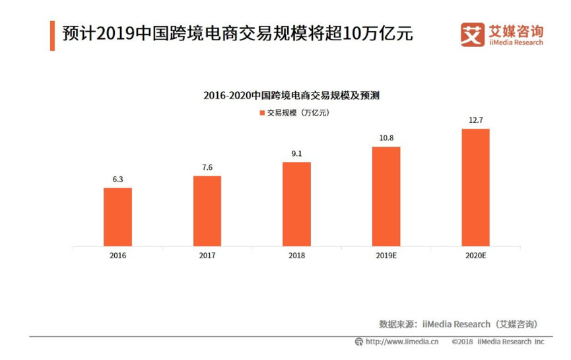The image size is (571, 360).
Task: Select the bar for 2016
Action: (x=118, y=217)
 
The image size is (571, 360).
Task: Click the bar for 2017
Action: (x=207, y=211)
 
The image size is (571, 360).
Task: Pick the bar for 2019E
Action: (x=386, y=197)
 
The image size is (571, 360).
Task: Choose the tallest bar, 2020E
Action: (x=475, y=188)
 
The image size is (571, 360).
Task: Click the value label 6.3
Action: (x=118, y=180)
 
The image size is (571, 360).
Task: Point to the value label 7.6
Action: (x=207, y=167)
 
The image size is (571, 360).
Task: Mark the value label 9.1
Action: (x=296, y=154)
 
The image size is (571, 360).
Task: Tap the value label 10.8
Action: (x=386, y=138)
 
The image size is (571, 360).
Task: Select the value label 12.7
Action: (x=475, y=120)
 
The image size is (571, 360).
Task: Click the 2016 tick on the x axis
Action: (x=118, y=255)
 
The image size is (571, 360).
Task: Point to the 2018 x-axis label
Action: (x=296, y=255)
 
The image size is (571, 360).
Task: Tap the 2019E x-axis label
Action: (x=386, y=255)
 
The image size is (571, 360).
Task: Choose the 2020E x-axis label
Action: (x=475, y=255)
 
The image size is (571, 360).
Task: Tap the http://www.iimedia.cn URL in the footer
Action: (x=401, y=342)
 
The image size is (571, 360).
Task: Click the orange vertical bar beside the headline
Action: (x=52, y=35)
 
